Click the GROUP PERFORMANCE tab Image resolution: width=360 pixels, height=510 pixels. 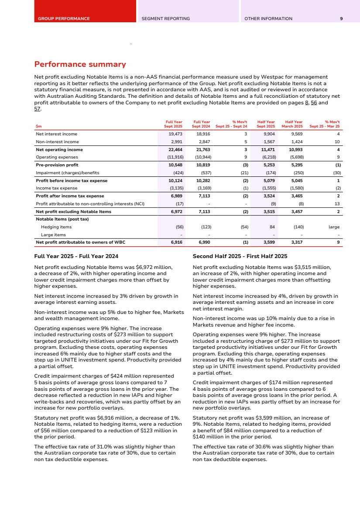coord(64,19)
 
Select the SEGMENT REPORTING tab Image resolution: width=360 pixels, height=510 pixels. coord(165,19)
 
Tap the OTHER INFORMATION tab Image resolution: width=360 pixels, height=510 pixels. coord(268,19)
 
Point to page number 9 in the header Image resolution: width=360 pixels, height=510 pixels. coord(341,19)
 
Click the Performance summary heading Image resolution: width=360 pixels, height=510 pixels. coord(80,65)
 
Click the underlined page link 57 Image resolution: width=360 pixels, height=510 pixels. coord(37,109)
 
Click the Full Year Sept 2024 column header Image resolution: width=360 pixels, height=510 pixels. coord(202,124)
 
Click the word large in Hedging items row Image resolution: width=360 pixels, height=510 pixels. coord(333,227)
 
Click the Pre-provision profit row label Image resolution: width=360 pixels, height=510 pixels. coord(57,165)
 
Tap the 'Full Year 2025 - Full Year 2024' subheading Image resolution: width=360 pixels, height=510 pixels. coord(76,256)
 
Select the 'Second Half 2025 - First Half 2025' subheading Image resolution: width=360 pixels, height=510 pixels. coord(240,256)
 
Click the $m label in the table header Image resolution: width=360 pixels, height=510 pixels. coord(38,127)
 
